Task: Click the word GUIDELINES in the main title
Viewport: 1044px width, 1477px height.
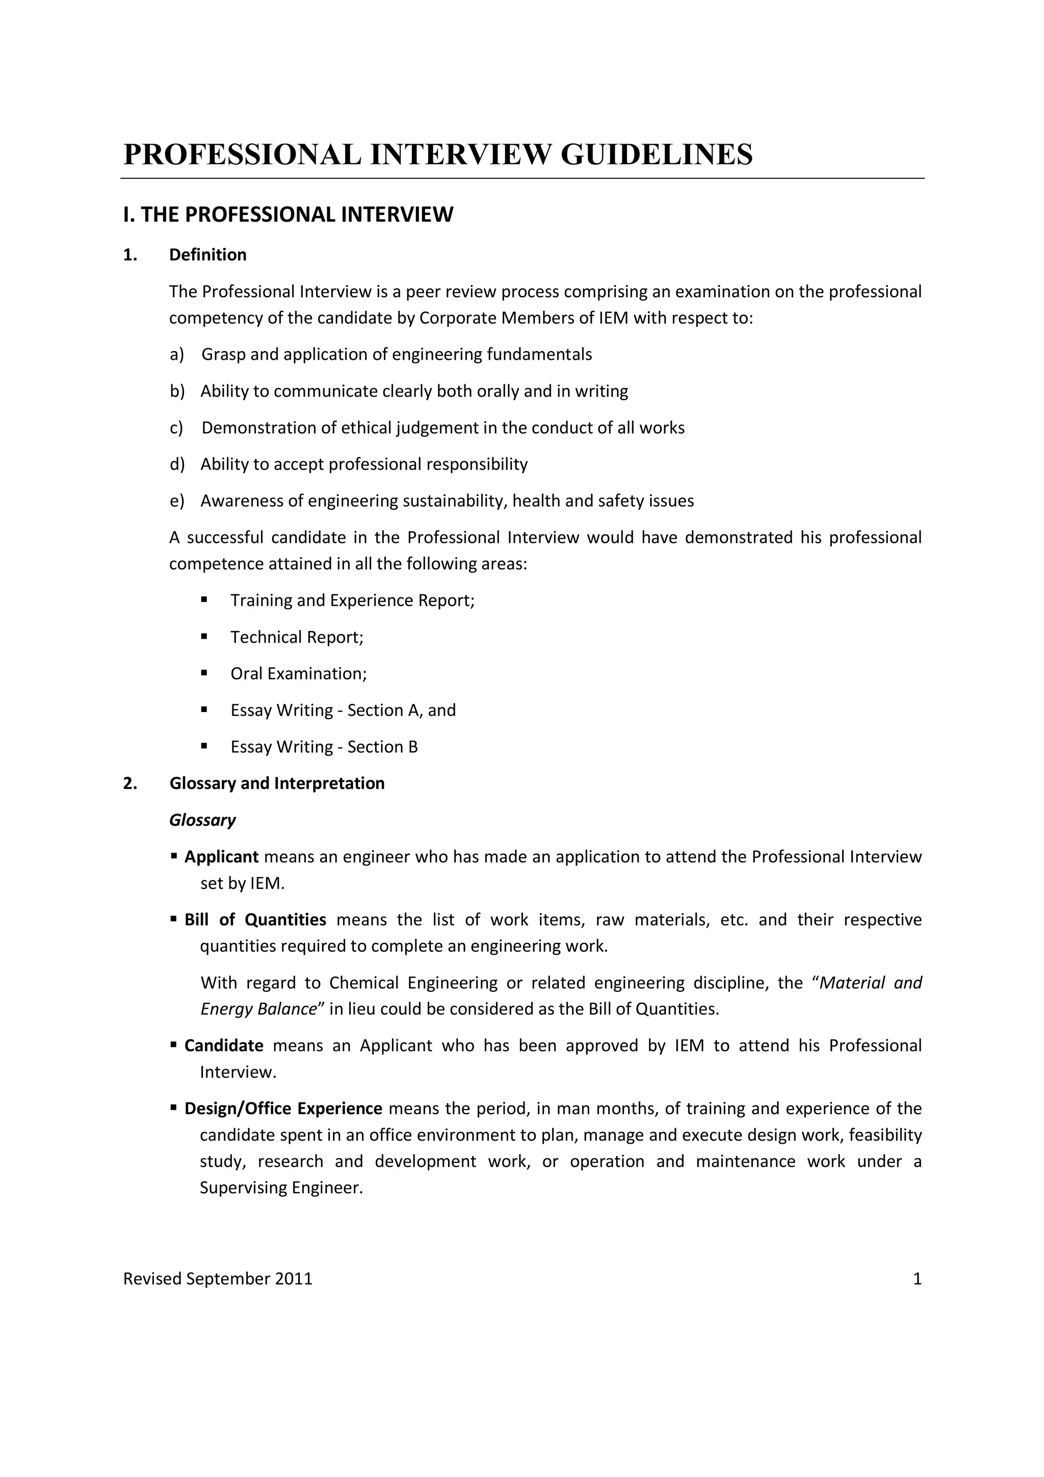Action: click(656, 155)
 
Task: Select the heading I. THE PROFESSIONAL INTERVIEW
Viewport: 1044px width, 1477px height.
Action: click(288, 214)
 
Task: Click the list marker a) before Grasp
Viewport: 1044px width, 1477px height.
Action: click(177, 354)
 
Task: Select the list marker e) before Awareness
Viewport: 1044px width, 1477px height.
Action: click(177, 500)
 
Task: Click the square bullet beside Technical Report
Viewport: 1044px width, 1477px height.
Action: click(204, 636)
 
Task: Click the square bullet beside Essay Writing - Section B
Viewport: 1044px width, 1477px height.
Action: click(204, 746)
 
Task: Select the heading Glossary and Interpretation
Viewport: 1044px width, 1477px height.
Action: click(277, 783)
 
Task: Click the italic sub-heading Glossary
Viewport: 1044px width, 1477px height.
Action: click(202, 820)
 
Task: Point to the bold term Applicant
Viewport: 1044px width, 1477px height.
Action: click(221, 857)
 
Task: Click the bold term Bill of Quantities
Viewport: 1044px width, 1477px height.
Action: click(255, 920)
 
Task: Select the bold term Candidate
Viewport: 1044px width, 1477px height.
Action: click(224, 1045)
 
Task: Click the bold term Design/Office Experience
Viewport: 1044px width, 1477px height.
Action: click(283, 1109)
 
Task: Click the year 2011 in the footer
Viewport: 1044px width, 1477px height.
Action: click(293, 1279)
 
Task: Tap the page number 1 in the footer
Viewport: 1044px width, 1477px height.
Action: click(917, 1279)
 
